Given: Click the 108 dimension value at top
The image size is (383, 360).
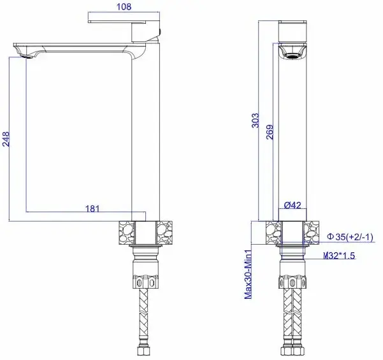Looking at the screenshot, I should (125, 7).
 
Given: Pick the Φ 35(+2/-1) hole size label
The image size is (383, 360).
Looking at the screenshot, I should (349, 237).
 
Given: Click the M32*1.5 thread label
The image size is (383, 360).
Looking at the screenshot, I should (339, 256).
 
